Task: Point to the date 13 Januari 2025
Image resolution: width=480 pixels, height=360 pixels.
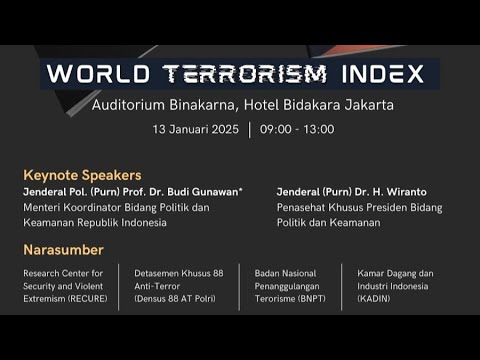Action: (x=196, y=129)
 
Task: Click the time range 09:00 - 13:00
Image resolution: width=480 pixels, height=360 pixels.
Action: (x=297, y=129)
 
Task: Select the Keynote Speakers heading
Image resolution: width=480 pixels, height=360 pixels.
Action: (x=82, y=174)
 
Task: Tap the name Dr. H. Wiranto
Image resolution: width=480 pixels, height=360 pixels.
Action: (x=396, y=191)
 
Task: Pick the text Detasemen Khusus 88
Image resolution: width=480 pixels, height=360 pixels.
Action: (x=178, y=273)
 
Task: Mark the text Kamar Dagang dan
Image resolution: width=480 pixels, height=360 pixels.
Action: (x=397, y=273)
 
